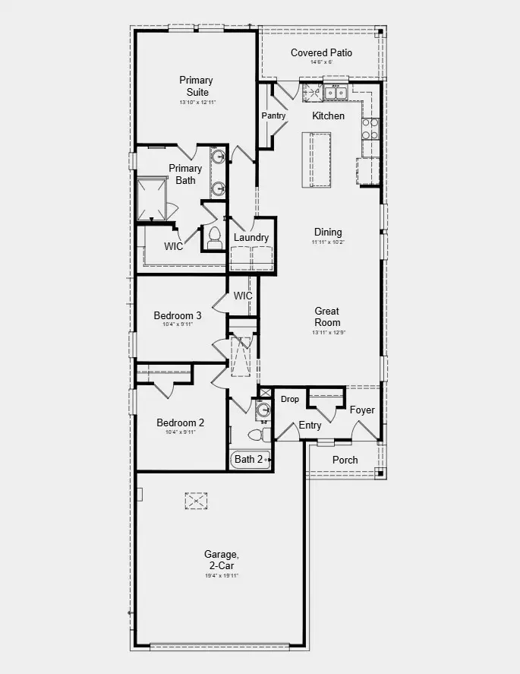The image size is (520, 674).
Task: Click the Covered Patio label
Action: coord(321,53)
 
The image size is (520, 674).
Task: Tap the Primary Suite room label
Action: coord(196,86)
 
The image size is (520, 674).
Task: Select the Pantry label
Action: coord(273,115)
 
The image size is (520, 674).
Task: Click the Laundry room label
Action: coord(251,237)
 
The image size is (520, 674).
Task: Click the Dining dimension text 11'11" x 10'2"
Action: coord(327,242)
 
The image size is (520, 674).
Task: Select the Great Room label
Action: coord(327,316)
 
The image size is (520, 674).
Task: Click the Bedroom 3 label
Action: coord(178,315)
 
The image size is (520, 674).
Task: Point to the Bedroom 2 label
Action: coord(180,423)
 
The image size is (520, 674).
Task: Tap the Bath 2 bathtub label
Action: coord(249,459)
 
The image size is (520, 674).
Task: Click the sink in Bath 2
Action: coord(263,410)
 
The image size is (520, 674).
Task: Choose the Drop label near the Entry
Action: coord(290,399)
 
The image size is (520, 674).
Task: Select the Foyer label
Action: coord(362,410)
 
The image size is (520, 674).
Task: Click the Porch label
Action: coord(345,460)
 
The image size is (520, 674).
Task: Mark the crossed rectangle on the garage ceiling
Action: coord(196,500)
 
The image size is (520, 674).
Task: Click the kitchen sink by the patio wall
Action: coord(336,93)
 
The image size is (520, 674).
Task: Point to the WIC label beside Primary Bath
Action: coord(174,246)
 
